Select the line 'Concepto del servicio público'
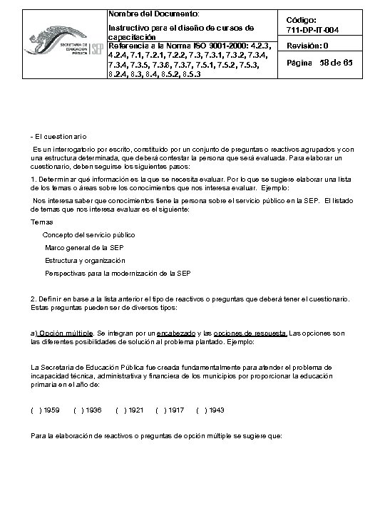88,234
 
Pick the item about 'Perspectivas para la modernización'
118,273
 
